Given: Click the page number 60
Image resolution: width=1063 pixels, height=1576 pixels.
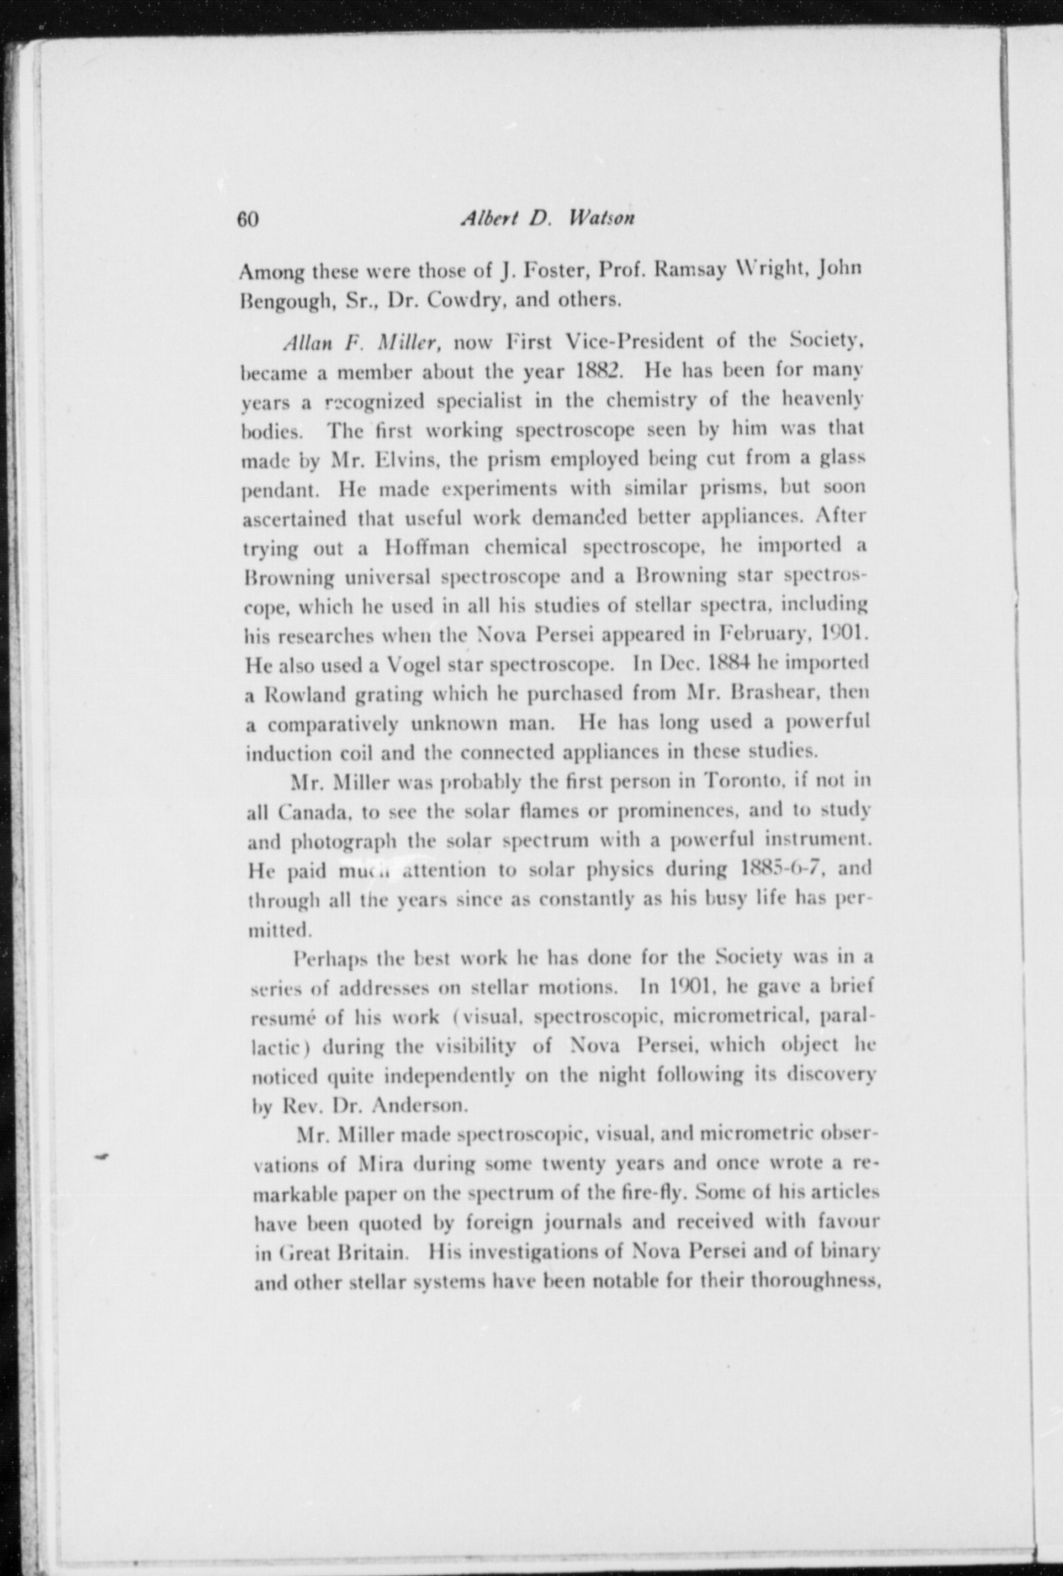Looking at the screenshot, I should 248,220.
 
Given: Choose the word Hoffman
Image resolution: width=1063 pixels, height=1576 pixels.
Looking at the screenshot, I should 427,548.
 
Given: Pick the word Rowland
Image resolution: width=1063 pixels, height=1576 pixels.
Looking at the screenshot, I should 304,695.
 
